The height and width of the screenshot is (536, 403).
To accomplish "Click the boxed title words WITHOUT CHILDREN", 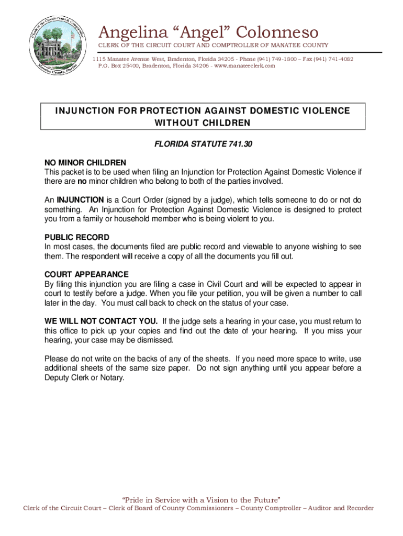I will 203,123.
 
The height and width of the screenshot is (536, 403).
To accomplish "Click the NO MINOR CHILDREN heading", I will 85,163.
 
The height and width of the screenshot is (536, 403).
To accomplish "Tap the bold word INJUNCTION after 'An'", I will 81,200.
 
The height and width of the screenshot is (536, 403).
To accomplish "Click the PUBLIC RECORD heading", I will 77,237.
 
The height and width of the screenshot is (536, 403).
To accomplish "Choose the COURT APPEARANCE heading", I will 86,274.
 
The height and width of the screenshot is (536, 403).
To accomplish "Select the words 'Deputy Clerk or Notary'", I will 85,377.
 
